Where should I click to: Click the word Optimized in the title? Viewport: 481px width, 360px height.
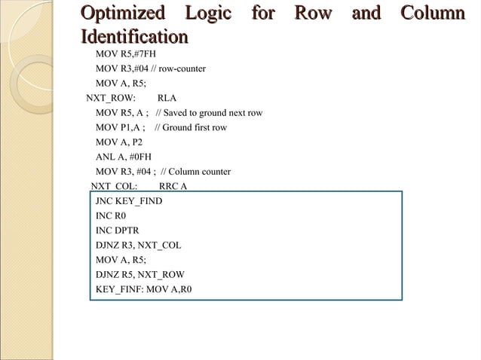point(122,14)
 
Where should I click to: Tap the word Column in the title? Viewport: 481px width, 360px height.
point(432,14)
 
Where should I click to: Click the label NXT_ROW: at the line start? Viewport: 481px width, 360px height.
point(111,99)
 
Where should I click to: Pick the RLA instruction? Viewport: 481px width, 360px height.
point(167,99)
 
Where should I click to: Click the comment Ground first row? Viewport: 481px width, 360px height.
point(195,127)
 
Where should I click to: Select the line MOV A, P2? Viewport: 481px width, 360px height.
point(119,142)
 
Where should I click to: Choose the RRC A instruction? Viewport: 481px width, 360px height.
point(173,186)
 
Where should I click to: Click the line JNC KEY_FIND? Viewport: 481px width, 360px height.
point(129,201)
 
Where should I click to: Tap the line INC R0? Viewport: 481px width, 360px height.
point(111,215)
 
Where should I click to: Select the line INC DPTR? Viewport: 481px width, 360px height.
point(118,230)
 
